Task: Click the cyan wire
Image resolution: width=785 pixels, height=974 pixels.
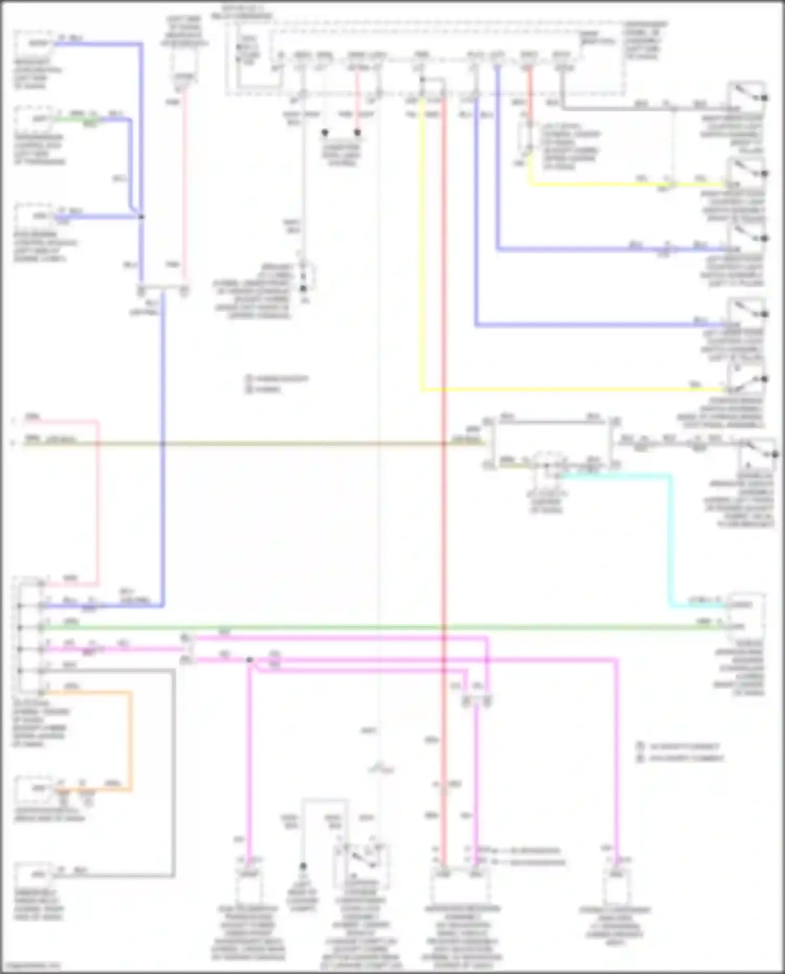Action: pyautogui.click(x=670, y=539)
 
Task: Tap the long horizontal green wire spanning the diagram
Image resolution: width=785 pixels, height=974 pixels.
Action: pyautogui.click(x=366, y=627)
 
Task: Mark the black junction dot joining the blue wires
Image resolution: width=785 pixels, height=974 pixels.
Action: pyautogui.click(x=141, y=217)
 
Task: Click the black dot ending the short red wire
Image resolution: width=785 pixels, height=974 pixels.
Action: pyautogui.click(x=357, y=133)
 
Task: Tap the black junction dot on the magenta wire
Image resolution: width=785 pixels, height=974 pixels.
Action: pyautogui.click(x=250, y=660)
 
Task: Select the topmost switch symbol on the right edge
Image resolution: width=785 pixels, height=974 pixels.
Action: pyautogui.click(x=747, y=96)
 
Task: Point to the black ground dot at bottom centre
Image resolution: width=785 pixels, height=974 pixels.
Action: pyautogui.click(x=303, y=866)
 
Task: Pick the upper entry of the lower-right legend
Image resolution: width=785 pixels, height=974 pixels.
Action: pyautogui.click(x=680, y=746)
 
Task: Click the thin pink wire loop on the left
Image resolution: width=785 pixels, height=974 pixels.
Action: pyautogui.click(x=97, y=497)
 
